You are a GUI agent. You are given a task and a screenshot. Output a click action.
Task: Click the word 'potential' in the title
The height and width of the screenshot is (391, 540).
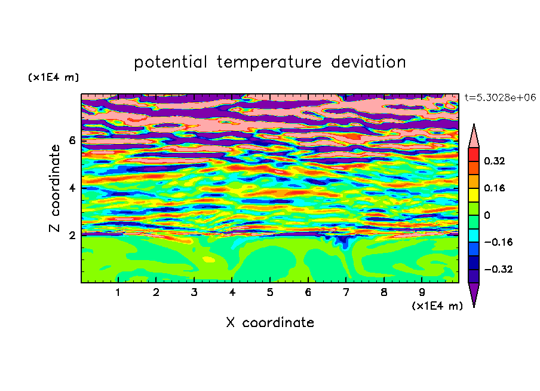(x=170, y=62)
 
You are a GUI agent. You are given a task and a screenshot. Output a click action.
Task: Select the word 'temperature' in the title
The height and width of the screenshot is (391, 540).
(x=269, y=62)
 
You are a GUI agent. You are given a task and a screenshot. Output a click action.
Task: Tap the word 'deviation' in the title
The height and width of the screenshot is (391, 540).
(x=369, y=62)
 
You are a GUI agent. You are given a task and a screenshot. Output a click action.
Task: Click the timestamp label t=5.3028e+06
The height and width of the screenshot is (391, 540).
(x=500, y=97)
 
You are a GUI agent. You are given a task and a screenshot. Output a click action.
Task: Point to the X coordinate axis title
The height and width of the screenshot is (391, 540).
(x=270, y=322)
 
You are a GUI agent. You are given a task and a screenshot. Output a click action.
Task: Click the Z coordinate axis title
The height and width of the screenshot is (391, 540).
(x=54, y=188)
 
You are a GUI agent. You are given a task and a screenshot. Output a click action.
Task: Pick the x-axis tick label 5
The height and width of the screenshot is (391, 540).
(x=270, y=292)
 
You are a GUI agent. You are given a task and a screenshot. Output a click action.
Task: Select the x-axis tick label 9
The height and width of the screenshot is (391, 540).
(x=422, y=292)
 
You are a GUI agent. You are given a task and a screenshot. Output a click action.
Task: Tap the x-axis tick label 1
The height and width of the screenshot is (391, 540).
(x=118, y=292)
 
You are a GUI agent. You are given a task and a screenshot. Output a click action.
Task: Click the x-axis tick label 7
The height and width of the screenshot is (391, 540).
(x=346, y=292)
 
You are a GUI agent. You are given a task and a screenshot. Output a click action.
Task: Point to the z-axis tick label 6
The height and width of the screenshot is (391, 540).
(x=72, y=140)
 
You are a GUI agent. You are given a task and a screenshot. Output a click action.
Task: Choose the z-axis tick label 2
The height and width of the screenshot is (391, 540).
(x=72, y=236)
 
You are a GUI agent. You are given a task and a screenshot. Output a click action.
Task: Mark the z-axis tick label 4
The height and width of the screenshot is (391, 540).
(x=72, y=188)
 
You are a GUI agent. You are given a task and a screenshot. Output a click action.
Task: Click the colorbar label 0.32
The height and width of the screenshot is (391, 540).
(x=494, y=161)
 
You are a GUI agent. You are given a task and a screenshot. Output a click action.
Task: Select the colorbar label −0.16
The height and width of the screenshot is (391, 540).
(x=498, y=242)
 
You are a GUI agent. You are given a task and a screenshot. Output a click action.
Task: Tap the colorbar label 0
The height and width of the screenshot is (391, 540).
(x=487, y=215)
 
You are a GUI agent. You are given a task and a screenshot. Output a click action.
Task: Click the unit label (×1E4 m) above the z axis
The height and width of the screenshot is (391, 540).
(x=53, y=77)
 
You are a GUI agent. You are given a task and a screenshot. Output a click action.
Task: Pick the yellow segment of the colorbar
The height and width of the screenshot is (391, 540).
(x=474, y=195)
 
